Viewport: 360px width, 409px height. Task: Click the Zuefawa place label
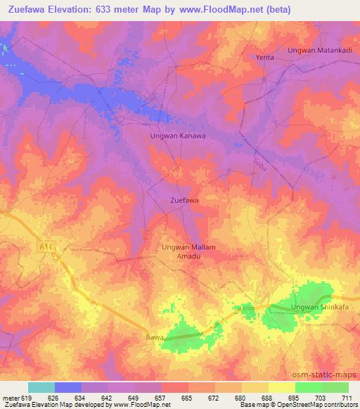pos(185,201)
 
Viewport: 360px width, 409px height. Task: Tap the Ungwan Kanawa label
pos(179,136)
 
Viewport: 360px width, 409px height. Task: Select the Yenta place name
pos(264,57)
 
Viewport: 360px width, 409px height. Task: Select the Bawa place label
pos(154,338)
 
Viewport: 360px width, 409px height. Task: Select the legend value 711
pos(347,397)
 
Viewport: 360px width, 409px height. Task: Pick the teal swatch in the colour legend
pos(41,387)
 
